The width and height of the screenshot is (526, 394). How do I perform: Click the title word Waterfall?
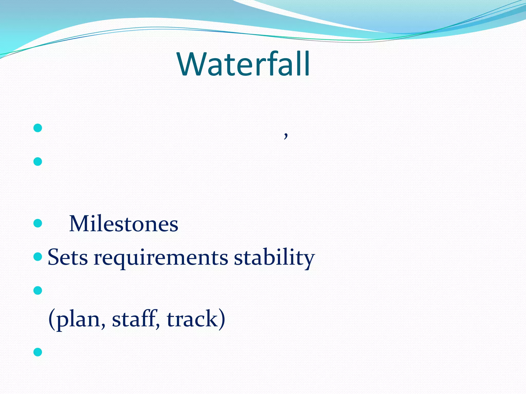[243, 64]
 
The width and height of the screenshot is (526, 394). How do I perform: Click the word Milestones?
[124, 224]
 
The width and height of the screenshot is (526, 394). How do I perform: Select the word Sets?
[68, 257]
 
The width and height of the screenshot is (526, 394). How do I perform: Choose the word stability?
[274, 258]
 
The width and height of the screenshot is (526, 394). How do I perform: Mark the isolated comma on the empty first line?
[286, 135]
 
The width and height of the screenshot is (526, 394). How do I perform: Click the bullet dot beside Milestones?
[38, 223]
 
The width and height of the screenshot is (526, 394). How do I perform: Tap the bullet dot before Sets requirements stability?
[38, 257]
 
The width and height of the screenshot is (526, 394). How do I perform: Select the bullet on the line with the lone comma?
[38, 128]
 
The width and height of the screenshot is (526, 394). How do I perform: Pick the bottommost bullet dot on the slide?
[38, 352]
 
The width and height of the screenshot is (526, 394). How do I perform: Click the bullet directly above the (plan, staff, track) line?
[38, 290]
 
